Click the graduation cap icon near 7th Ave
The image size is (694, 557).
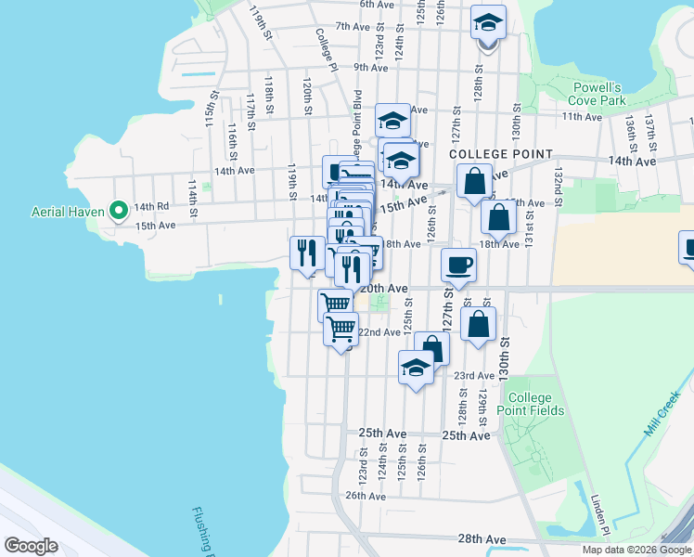(488, 22)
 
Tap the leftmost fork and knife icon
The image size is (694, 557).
(306, 253)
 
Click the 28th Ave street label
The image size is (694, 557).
(482, 538)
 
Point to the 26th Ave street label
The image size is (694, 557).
(366, 496)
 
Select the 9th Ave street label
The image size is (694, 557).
(370, 67)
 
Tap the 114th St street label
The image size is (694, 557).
(193, 199)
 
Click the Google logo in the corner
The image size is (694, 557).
(32, 546)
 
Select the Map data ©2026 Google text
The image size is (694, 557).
(636, 550)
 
